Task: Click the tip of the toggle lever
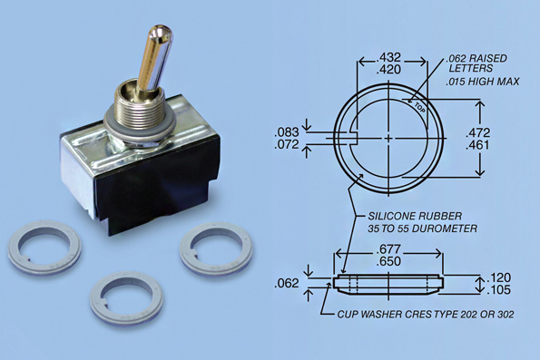(x=162, y=29)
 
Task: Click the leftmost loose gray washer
(x=44, y=248)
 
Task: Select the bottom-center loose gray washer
(x=126, y=298)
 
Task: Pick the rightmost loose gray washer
(x=216, y=250)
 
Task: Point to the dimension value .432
(x=388, y=57)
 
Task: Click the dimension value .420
(x=388, y=70)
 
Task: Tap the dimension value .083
(x=287, y=132)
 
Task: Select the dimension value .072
(x=287, y=144)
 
